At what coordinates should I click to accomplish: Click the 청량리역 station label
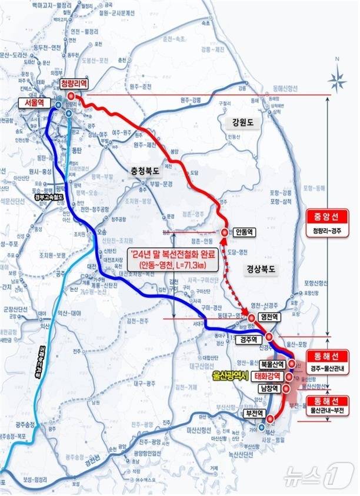tap(73, 84)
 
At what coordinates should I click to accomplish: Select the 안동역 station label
tap(244, 232)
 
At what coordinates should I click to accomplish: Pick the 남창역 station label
tap(268, 389)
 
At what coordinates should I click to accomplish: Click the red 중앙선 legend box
tap(327, 217)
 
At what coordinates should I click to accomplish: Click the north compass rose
tap(338, 76)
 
